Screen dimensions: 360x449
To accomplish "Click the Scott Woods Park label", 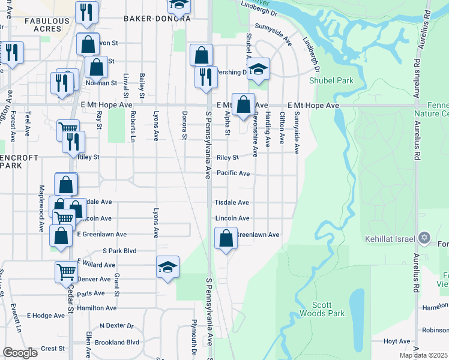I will point(328,309).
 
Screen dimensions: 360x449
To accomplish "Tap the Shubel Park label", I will point(331,80).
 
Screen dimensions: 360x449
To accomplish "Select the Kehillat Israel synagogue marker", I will point(425,238).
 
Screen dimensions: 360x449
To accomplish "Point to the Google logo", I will point(20,353).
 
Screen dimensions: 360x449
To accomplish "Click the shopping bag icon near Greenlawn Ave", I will point(226,239).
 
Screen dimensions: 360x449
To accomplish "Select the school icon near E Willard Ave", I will point(167,267).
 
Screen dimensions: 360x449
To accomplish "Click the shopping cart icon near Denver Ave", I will point(67,272).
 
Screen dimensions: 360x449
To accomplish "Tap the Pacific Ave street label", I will point(233,173).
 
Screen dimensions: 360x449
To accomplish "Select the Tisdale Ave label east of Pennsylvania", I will point(232,203).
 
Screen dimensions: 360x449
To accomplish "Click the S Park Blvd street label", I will point(120,250).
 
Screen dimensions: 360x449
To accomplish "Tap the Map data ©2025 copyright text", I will point(424,355).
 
